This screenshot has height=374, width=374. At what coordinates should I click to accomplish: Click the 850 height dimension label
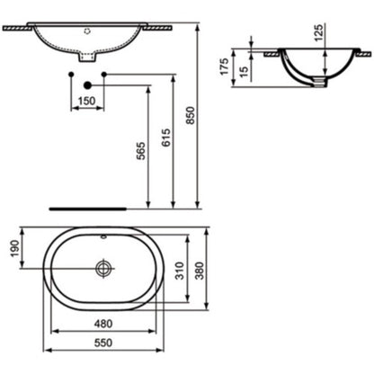[191, 115]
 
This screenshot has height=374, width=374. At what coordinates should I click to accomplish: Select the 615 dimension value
[166, 138]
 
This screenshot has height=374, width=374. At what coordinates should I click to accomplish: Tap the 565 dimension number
[141, 151]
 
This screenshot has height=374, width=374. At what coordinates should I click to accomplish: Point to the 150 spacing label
[87, 101]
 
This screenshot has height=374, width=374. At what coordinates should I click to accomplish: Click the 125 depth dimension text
[319, 33]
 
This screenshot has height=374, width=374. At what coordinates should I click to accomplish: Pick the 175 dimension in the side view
[224, 67]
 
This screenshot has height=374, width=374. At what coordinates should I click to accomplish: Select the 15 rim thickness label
[245, 72]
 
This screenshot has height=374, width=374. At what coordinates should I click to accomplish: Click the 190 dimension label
[14, 249]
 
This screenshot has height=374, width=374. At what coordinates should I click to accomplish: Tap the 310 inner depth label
[180, 271]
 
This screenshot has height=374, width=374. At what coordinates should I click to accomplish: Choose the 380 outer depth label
[200, 271]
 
